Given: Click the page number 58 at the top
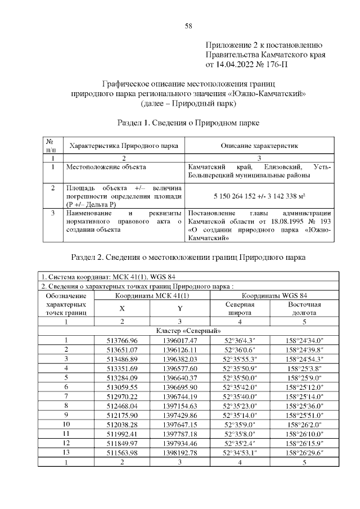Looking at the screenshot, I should click(x=188, y=26).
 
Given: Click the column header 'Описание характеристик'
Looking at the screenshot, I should click(x=259, y=146).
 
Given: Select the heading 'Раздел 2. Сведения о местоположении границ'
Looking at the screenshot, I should click(x=188, y=258).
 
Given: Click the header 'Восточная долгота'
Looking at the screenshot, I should click(x=304, y=308).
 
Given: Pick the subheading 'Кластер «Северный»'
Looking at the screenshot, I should click(x=188, y=331).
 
